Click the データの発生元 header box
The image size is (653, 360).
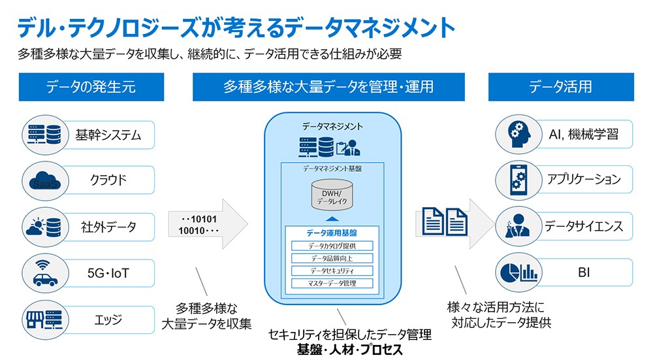tap(91, 87)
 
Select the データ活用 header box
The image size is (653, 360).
tap(560, 87)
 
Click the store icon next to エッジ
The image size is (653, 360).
tap(42, 319)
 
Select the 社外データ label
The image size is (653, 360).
tap(109, 227)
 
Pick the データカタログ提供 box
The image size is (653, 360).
tap(332, 246)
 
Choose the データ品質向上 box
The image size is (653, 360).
tap(332, 258)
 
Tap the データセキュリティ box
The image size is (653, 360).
tap(332, 270)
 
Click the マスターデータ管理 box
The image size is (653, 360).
tap(332, 283)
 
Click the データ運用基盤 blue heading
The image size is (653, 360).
tap(332, 232)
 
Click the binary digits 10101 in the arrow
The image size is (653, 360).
tap(198, 219)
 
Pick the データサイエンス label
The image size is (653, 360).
tap(584, 227)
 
